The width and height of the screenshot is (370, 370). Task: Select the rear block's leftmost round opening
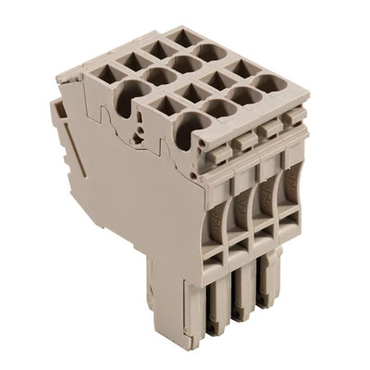(x=127, y=91)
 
